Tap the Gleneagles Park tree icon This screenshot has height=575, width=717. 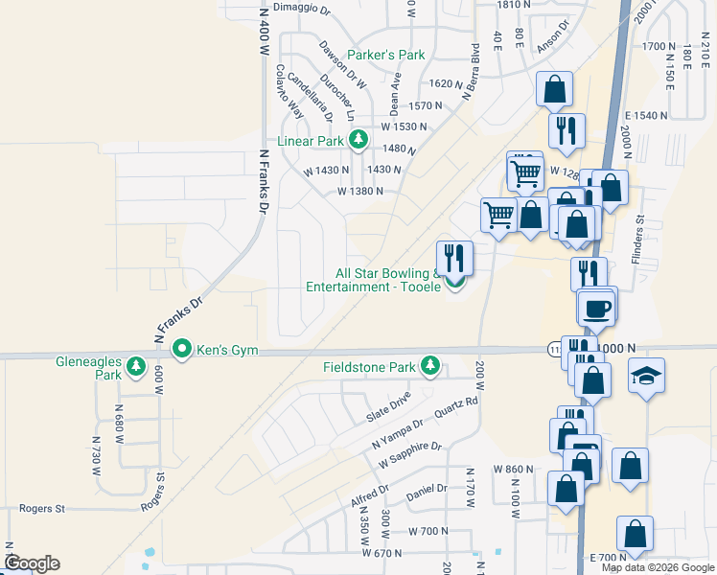(x=136, y=365)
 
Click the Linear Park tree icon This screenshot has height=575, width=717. (x=358, y=141)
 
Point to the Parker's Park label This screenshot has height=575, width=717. (x=385, y=55)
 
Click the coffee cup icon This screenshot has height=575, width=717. (x=595, y=309)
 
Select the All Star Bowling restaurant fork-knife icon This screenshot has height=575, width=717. (x=454, y=258)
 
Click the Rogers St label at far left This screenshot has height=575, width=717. (x=41, y=508)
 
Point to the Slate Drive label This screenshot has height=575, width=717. (x=388, y=408)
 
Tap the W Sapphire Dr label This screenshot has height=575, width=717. (x=409, y=455)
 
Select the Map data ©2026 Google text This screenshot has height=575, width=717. (x=657, y=567)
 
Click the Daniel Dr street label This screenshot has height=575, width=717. (x=427, y=493)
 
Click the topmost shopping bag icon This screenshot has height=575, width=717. (x=554, y=90)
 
